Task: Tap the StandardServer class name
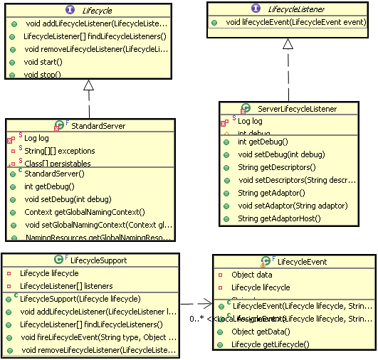pos(100,126)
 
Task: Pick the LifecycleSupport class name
pos(100,260)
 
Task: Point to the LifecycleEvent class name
pos(302,262)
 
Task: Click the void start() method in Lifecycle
pos(43,62)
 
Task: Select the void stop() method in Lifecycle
pos(42,74)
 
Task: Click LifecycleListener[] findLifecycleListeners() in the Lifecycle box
pos(94,36)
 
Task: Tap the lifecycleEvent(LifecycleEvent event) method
pos(295,23)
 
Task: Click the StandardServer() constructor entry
pos(54,173)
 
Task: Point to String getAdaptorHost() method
pos(283,218)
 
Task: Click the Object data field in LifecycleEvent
pos(251,274)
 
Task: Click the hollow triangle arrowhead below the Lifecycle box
pos(89,86)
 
